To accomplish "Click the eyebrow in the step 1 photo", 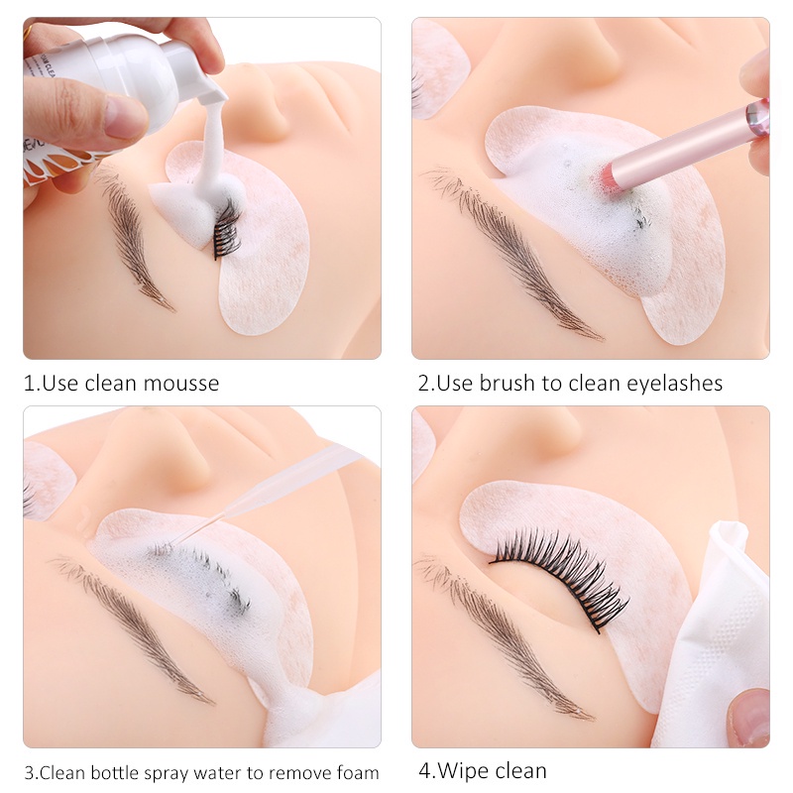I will [134, 238].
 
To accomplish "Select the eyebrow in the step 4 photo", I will [506, 634].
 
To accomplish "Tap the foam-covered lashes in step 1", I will [226, 226].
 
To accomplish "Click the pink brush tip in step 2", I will [608, 178].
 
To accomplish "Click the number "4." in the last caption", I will [427, 770].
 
